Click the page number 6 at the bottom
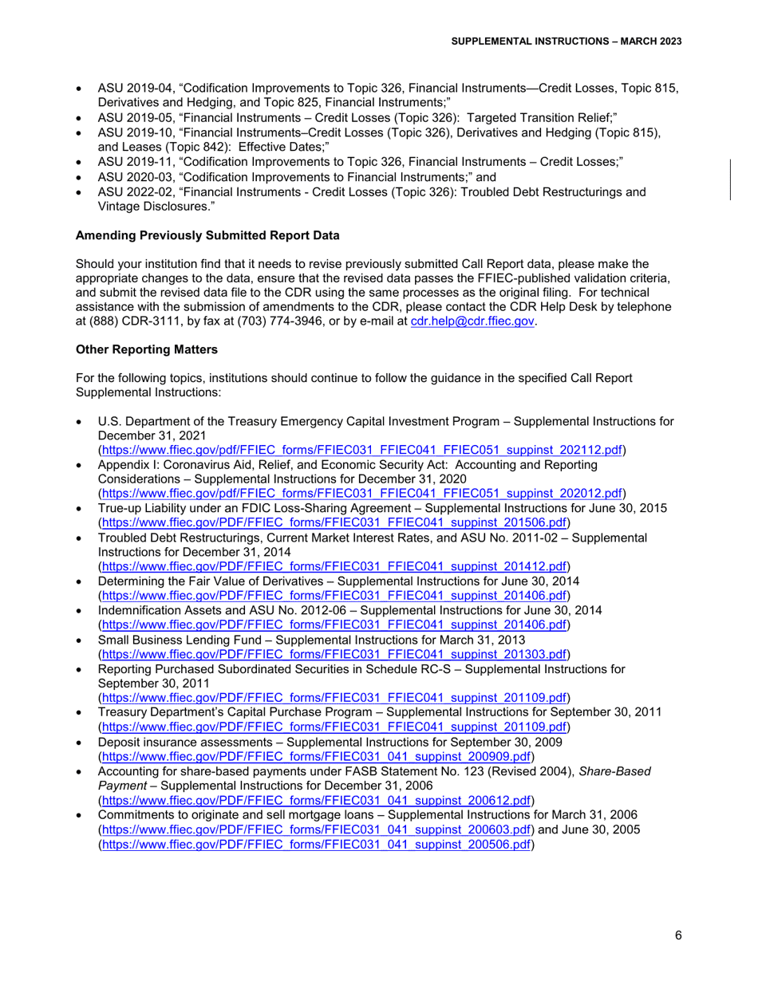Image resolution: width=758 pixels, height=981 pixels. [677, 936]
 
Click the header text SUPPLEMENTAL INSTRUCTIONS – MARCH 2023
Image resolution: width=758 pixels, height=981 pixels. [567, 41]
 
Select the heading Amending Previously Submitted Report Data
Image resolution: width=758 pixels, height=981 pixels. [207, 235]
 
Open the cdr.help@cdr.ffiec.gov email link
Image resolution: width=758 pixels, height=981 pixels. [472, 321]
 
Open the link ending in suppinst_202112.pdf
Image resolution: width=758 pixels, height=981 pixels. [361, 450]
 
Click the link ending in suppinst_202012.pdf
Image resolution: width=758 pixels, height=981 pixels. [361, 493]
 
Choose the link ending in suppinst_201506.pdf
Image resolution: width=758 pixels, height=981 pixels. [334, 522]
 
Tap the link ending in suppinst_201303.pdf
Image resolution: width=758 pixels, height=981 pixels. [334, 653]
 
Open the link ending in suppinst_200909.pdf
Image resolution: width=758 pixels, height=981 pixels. [316, 755]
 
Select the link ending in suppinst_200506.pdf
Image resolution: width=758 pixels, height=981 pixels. [316, 843]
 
